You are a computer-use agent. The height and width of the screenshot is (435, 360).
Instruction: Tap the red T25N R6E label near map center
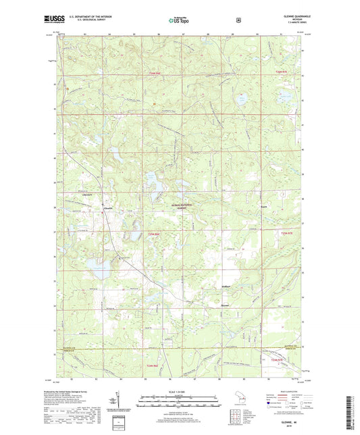point(154,234)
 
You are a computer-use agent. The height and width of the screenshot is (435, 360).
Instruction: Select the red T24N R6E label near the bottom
point(154,365)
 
